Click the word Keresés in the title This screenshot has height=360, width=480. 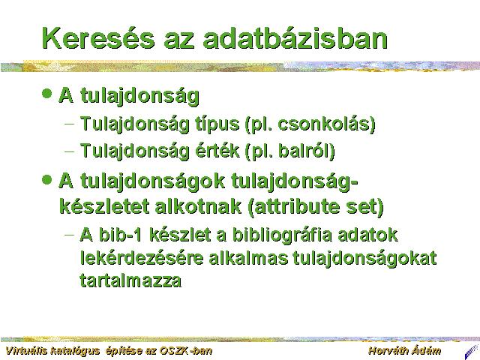(x=98, y=37)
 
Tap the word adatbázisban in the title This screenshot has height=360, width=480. (x=295, y=37)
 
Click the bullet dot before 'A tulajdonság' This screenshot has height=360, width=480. (x=46, y=93)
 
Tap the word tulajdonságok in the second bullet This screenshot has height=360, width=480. (x=152, y=181)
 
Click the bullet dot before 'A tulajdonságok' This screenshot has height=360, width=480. (x=46, y=180)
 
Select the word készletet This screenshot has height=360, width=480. (x=104, y=206)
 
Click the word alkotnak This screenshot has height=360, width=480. (x=198, y=206)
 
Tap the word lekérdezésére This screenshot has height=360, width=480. (x=142, y=258)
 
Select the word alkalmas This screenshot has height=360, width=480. (x=248, y=258)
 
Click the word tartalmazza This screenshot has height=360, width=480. (x=130, y=280)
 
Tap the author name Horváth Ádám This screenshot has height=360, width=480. (x=405, y=351)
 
